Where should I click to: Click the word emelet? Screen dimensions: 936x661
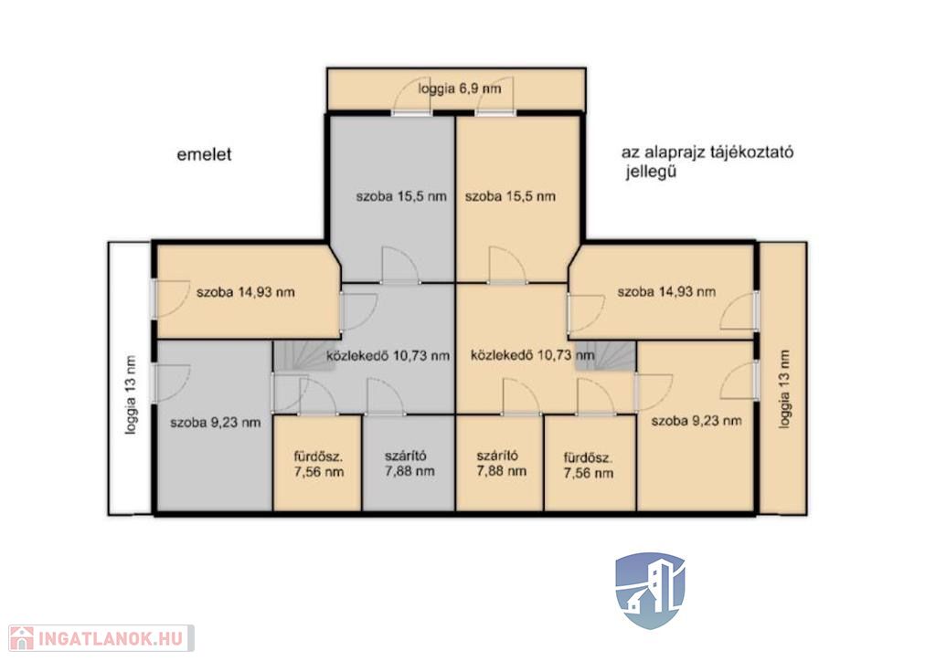tap(204, 154)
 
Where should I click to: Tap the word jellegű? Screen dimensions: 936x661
tap(651, 173)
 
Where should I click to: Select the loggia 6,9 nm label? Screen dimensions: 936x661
tap(460, 89)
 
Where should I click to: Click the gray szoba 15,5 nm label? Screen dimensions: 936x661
tap(401, 196)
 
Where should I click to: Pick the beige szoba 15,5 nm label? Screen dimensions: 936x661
tap(510, 196)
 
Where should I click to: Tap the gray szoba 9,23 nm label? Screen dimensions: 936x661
tap(216, 423)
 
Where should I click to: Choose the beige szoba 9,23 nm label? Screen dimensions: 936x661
tap(697, 421)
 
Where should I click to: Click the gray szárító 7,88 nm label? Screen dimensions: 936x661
tap(409, 463)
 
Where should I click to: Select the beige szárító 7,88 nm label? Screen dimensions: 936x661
tap(502, 463)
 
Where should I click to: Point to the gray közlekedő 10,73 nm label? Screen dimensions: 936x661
tap(388, 356)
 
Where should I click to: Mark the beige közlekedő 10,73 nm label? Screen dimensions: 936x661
tap(533, 355)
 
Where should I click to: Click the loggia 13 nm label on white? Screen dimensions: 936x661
tap(131, 394)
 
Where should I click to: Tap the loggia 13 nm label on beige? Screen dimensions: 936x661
tap(784, 389)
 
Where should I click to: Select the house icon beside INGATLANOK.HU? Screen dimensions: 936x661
tap(22, 638)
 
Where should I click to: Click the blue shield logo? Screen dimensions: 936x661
tap(650, 590)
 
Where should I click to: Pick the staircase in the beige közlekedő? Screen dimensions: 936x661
tap(606, 356)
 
